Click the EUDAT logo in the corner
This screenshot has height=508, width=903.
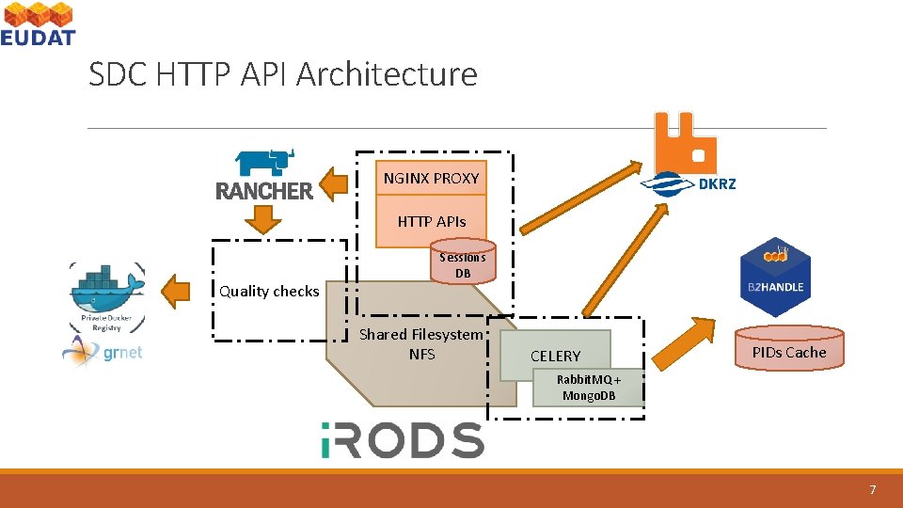tap(38, 24)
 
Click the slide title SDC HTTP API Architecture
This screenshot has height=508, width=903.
tap(282, 73)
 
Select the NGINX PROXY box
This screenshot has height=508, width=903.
tap(431, 178)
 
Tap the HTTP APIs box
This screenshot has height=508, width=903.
tap(431, 222)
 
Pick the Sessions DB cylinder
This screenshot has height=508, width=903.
tap(462, 264)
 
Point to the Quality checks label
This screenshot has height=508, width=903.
tap(269, 292)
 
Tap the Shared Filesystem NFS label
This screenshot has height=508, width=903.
tap(420, 344)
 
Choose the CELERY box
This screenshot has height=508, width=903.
tap(555, 356)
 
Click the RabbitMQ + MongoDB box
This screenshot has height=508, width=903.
tap(588, 388)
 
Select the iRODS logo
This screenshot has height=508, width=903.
tap(402, 440)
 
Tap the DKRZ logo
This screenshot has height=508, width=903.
tap(689, 183)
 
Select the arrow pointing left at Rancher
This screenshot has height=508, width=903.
tap(332, 183)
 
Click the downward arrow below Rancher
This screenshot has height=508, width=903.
tap(263, 219)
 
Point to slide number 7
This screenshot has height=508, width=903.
tap(873, 490)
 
